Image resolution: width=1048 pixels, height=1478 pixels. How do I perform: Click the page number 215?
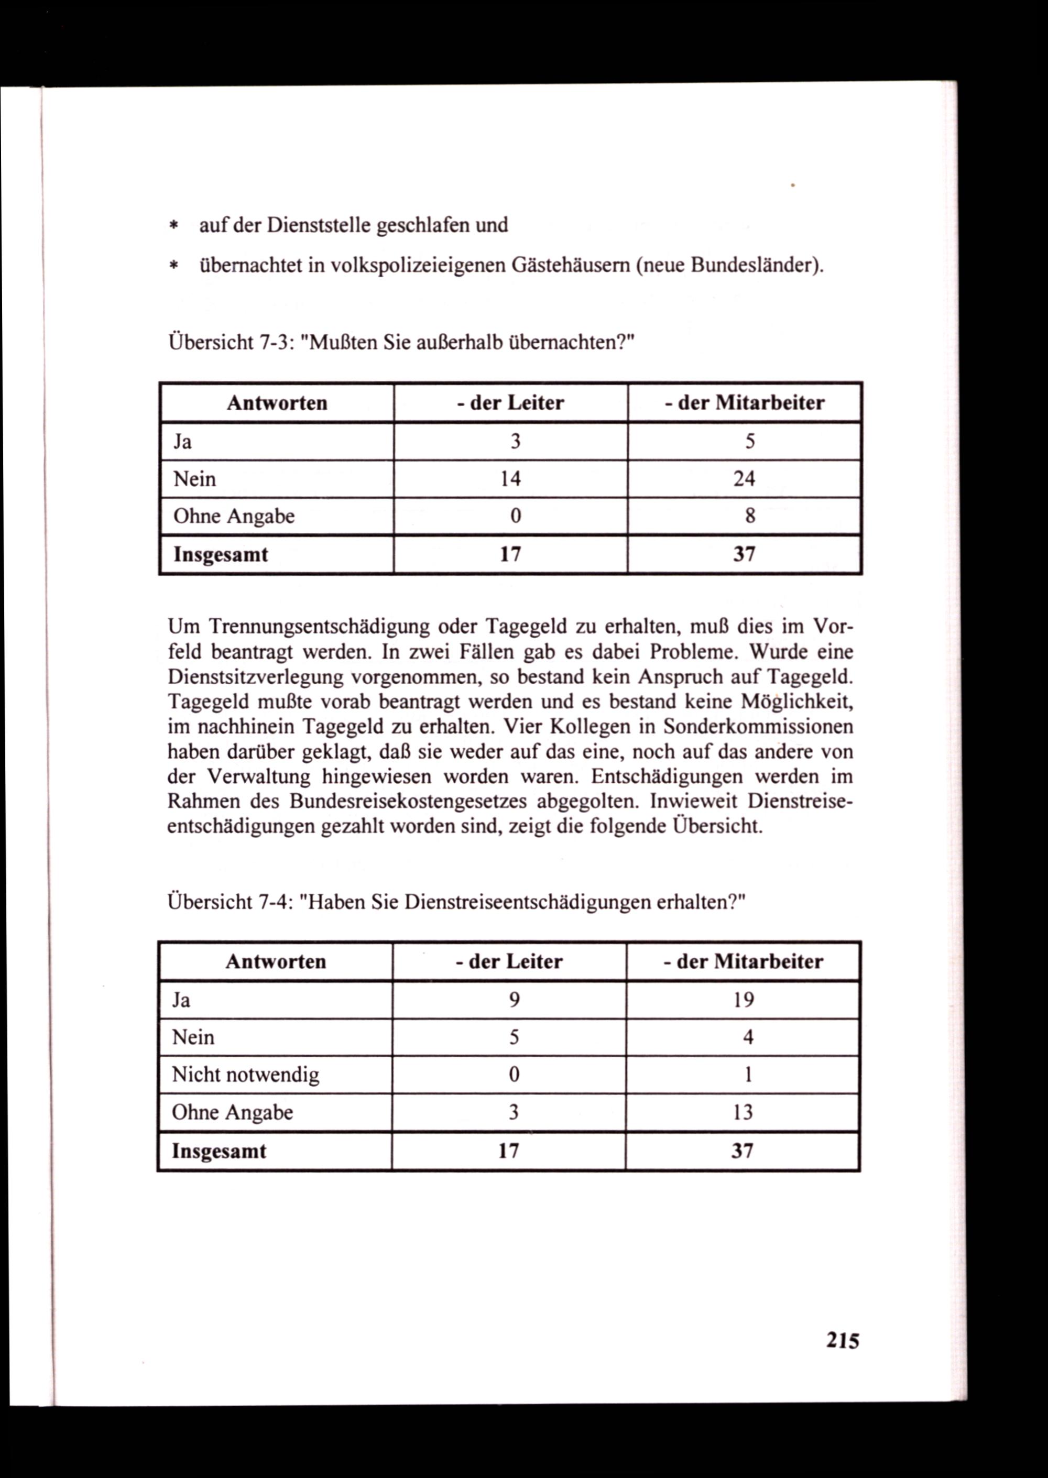coord(843,1341)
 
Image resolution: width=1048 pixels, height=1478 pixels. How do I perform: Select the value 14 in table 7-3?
coord(510,479)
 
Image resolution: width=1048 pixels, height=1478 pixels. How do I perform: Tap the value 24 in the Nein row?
coord(744,479)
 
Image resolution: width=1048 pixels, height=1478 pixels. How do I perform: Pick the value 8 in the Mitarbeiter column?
coord(750,516)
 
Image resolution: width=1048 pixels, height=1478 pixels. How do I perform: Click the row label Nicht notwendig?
coord(245,1075)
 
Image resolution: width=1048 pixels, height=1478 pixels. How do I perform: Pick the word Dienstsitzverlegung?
coord(254,677)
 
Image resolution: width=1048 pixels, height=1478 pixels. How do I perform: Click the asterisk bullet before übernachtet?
coord(173,266)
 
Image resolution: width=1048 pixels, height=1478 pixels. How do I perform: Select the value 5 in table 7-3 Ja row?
coord(750,441)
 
